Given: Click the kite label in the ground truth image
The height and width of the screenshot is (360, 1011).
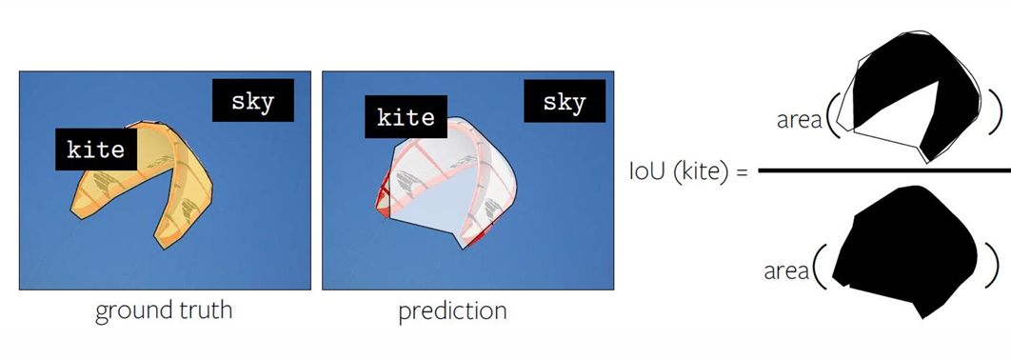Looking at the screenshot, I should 96,150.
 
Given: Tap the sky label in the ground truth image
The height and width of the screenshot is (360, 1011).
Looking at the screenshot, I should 252,101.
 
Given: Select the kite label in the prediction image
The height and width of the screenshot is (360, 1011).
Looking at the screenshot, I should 406,117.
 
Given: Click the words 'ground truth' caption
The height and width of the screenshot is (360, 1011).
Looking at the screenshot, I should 164,311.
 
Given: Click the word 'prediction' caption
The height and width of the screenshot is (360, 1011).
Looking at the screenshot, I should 452,311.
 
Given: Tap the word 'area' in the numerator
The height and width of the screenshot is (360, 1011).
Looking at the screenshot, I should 799,121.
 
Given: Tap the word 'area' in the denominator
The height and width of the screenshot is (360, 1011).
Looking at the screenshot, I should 786,271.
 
